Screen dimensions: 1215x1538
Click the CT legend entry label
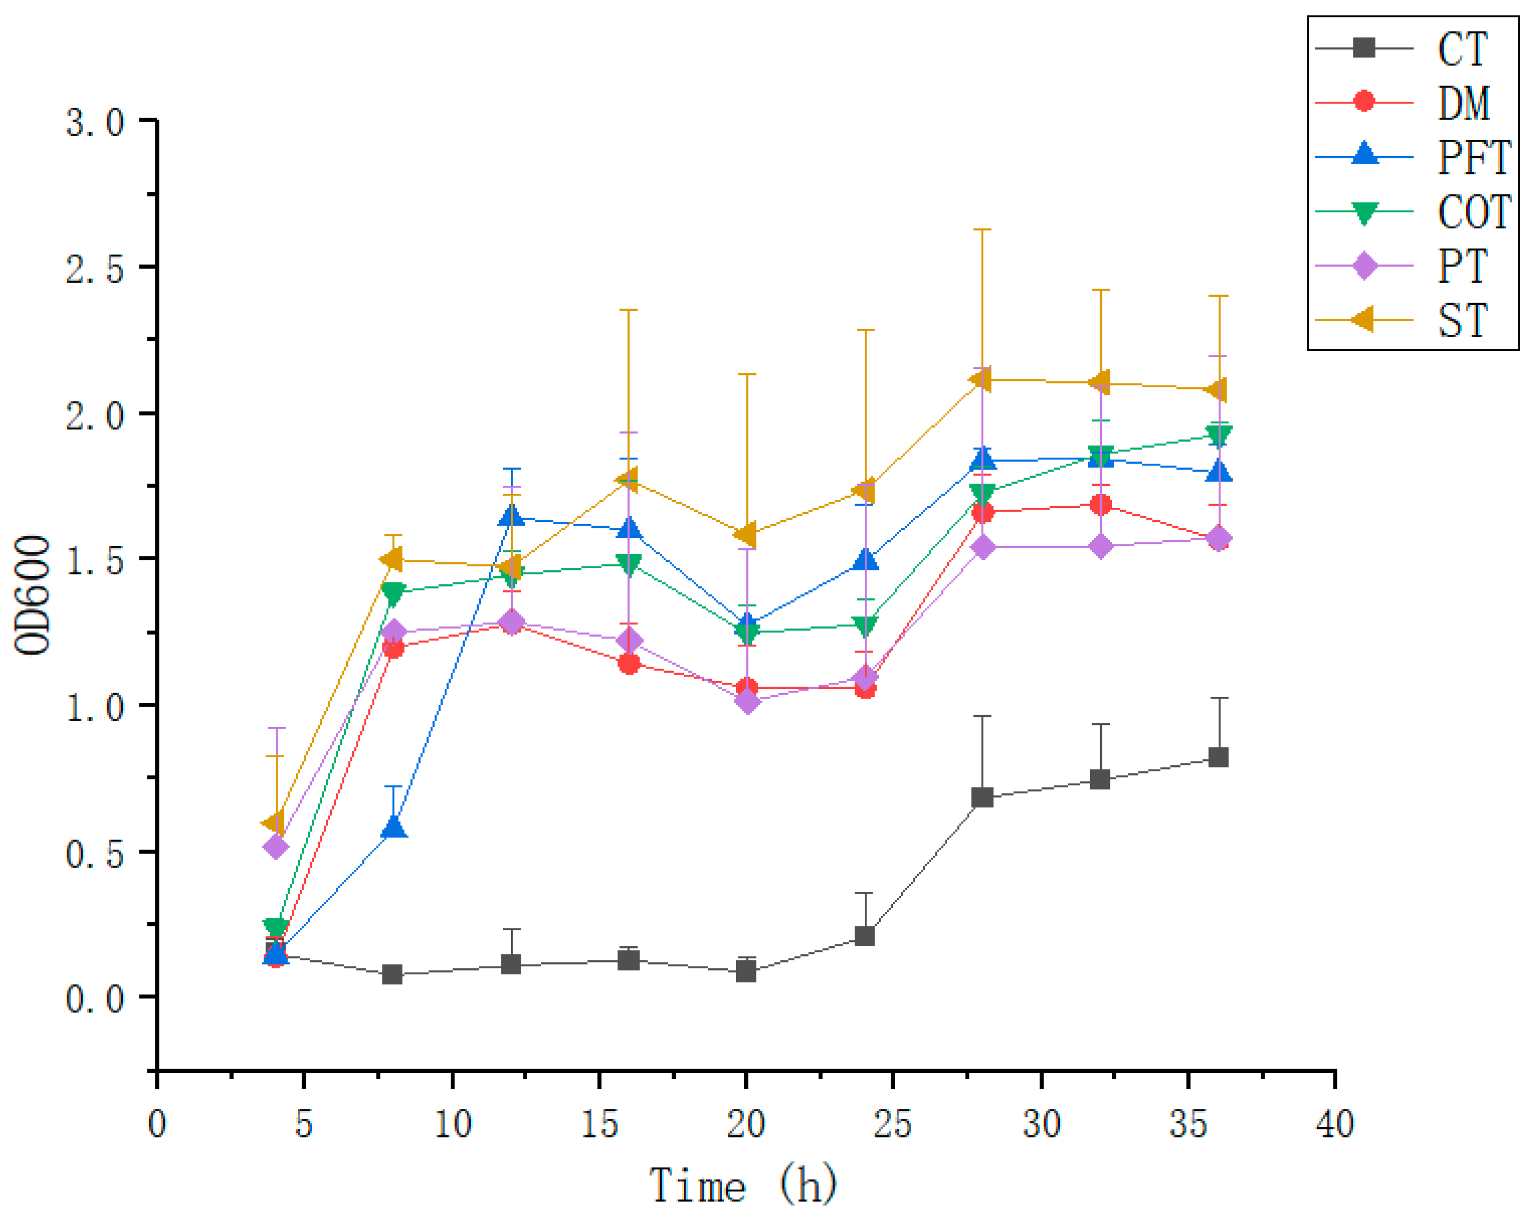(x=1462, y=49)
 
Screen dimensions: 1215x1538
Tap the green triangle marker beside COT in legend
(x=1364, y=213)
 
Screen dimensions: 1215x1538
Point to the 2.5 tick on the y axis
(x=95, y=269)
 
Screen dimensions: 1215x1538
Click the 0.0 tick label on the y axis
(x=95, y=998)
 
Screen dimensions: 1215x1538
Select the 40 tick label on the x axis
(x=1334, y=1125)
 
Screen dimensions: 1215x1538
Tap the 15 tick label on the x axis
(x=599, y=1125)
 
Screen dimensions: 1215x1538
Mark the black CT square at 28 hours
(x=982, y=798)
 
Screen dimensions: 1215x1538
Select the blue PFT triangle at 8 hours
(x=394, y=827)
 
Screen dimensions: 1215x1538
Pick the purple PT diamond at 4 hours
(x=275, y=847)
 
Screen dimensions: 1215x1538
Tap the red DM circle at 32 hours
(x=1100, y=504)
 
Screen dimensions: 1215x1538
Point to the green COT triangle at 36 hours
(x=1218, y=435)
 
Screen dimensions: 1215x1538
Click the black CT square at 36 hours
(x=1218, y=757)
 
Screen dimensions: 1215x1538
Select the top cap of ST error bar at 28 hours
(x=982, y=230)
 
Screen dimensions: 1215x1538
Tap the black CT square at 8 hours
(x=392, y=974)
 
